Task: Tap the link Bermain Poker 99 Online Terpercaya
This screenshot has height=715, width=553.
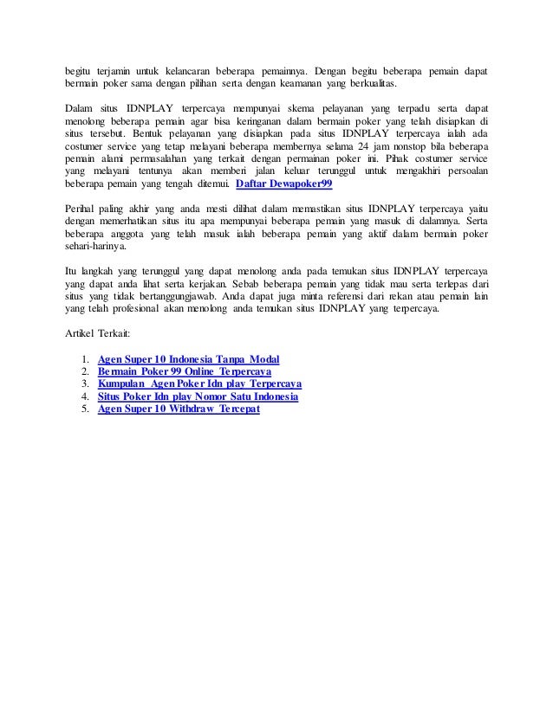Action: point(185,370)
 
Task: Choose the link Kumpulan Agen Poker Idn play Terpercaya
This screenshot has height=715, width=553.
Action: point(199,383)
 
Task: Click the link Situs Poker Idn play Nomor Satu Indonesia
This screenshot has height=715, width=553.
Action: point(198,396)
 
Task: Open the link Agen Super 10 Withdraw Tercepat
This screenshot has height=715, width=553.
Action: point(179,409)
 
